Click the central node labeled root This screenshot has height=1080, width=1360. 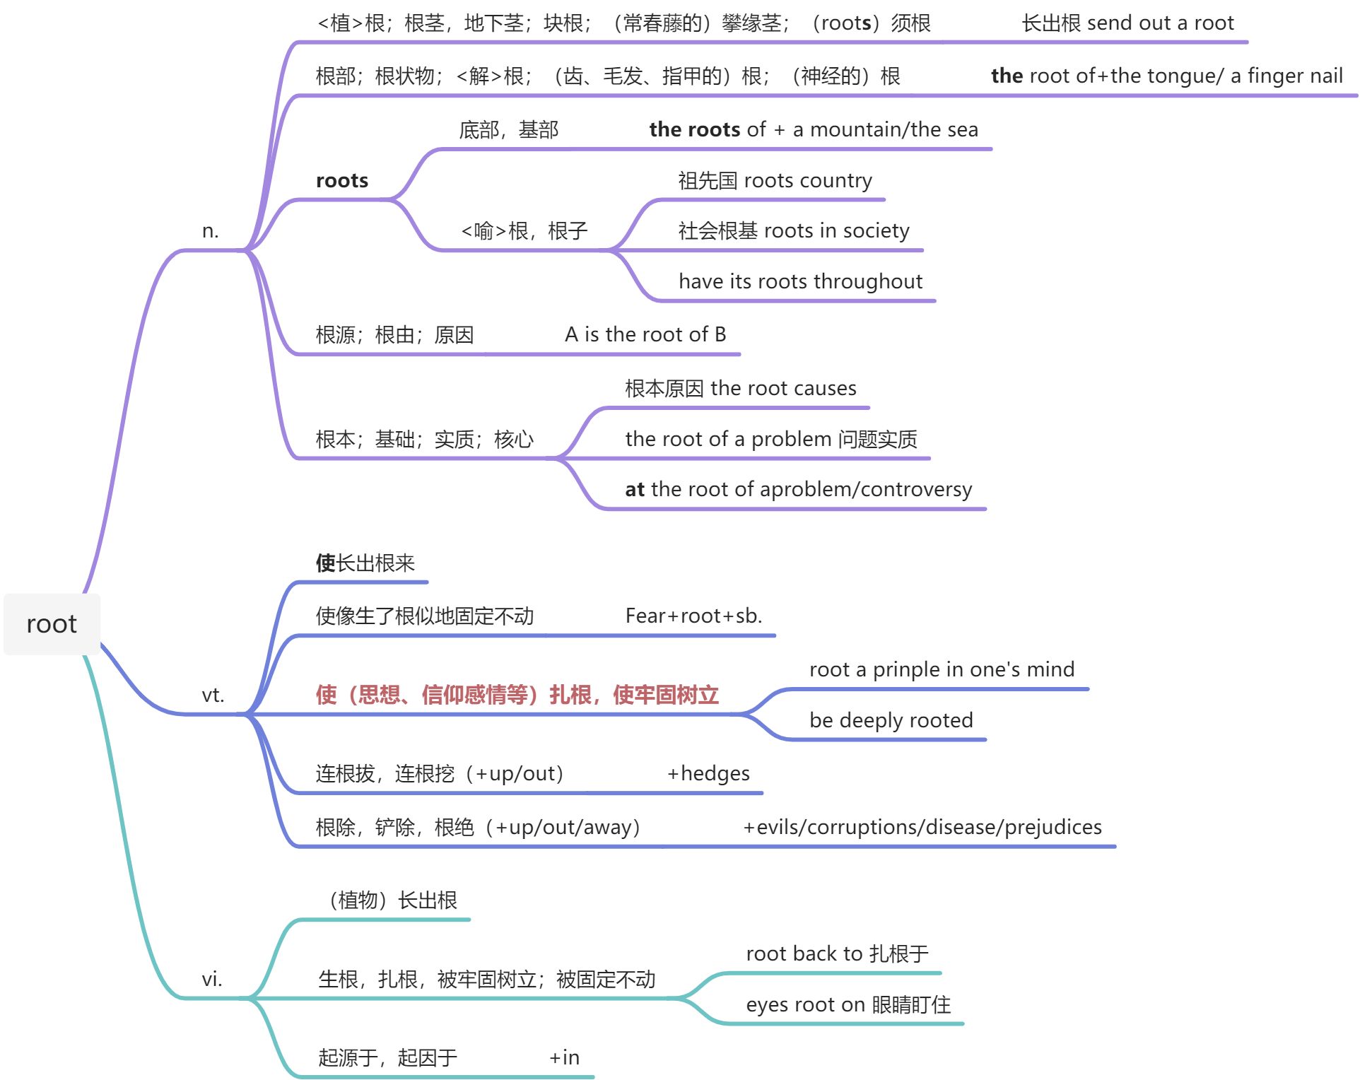[x=52, y=624]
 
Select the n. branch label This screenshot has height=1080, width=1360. [x=210, y=231]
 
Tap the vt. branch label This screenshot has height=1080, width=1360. [x=213, y=695]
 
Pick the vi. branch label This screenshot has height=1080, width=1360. [x=212, y=979]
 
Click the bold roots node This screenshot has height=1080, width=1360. [x=342, y=181]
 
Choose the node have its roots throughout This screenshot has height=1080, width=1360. [x=800, y=282]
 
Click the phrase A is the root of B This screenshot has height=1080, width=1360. [x=645, y=334]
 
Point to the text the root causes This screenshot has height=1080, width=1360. [x=783, y=388]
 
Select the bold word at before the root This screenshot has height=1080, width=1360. [x=634, y=489]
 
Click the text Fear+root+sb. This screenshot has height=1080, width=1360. [x=693, y=616]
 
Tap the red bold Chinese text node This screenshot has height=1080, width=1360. [x=517, y=695]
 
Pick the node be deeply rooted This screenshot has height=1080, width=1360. [x=891, y=720]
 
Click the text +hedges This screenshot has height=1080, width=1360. [x=708, y=773]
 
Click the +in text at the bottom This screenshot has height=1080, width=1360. [x=564, y=1057]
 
